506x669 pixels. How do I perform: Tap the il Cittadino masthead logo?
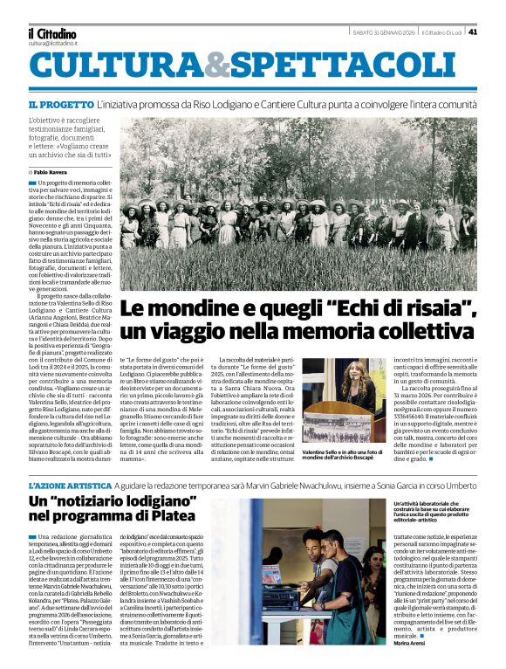pyautogui.click(x=51, y=33)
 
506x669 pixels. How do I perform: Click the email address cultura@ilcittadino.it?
pyautogui.click(x=53, y=43)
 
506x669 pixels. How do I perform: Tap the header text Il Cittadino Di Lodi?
pyautogui.click(x=440, y=32)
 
